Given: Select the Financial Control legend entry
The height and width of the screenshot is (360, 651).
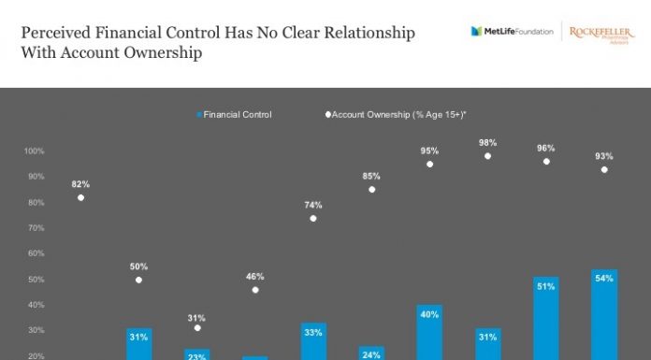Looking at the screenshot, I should (234, 114).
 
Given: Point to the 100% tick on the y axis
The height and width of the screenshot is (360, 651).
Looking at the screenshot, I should (35, 151).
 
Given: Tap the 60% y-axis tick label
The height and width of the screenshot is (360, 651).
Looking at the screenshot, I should (36, 253).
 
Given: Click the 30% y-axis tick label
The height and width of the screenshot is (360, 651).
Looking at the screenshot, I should (36, 330).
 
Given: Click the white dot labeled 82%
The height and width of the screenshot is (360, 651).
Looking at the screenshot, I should (81, 197).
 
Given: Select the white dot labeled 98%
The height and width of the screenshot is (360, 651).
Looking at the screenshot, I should (487, 156).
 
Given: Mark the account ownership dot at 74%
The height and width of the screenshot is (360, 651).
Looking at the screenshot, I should (313, 218).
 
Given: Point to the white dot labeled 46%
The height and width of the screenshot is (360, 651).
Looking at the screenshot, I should (255, 290).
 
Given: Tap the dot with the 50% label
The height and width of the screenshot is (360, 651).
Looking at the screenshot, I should (139, 280).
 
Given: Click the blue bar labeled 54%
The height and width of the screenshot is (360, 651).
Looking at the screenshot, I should (604, 318).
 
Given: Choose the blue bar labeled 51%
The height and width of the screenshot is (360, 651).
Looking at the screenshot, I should (546, 321).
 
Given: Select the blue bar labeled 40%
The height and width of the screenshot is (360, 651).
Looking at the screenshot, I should (429, 333).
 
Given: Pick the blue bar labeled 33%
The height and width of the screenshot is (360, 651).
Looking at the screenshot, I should (313, 342).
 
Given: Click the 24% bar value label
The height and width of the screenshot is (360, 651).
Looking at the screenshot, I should (371, 354).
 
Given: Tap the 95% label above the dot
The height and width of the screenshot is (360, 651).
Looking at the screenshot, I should (429, 151).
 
